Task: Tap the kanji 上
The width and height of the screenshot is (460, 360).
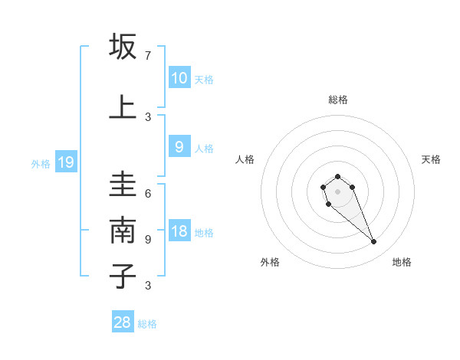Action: click(123, 107)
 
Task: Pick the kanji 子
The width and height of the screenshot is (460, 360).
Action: click(123, 276)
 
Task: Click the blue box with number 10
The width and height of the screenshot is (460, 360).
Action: click(179, 78)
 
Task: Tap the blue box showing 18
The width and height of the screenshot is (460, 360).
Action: click(179, 232)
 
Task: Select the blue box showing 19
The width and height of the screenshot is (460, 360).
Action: click(65, 162)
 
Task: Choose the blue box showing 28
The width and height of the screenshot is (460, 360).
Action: click(123, 322)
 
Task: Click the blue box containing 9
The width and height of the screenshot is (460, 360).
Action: click(179, 148)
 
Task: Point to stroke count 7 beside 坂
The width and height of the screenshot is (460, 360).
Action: click(148, 56)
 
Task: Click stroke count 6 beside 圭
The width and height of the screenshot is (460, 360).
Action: click(148, 194)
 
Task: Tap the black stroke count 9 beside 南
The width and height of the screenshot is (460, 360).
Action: click(148, 239)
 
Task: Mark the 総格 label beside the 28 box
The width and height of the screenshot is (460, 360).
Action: click(147, 324)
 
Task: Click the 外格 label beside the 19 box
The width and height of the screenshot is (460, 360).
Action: click(41, 163)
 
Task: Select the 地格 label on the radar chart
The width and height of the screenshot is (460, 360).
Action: click(402, 262)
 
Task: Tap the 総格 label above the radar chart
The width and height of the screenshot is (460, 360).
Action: click(338, 100)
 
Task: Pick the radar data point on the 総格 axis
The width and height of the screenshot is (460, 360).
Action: click(337, 176)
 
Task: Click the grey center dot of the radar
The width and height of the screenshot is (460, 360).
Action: click(337, 191)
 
